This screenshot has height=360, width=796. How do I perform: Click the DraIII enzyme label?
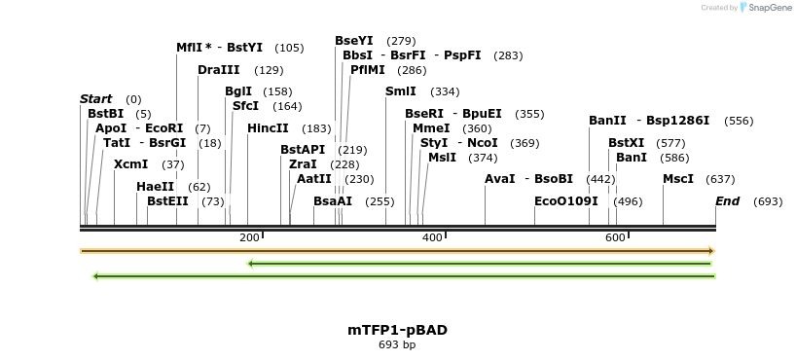click(x=218, y=70)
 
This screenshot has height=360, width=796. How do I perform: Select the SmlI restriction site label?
click(x=401, y=91)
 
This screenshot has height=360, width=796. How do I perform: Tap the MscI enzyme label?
click(x=678, y=179)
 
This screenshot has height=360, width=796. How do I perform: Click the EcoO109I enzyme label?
click(x=566, y=201)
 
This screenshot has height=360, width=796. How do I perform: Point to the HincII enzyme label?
click(x=268, y=128)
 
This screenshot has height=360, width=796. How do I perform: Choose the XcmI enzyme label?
click(x=130, y=164)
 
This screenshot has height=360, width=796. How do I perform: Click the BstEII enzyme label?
click(x=167, y=201)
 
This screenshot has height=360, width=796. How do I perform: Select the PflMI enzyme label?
click(x=368, y=70)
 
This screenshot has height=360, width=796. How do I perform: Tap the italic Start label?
click(x=95, y=99)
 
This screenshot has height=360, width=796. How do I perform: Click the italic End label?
click(x=727, y=201)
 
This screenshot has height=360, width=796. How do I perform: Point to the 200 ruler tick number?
click(x=249, y=238)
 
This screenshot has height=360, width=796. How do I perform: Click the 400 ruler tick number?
click(x=431, y=238)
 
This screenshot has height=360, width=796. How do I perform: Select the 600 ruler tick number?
click(x=614, y=238)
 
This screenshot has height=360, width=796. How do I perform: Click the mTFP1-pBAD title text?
click(x=397, y=330)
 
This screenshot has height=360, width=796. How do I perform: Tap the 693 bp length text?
click(x=397, y=344)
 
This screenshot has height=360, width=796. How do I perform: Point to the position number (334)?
click(x=445, y=91)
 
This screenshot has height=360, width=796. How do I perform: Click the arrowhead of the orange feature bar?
click(x=711, y=251)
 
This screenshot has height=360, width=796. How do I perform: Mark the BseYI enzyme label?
click(x=354, y=41)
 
